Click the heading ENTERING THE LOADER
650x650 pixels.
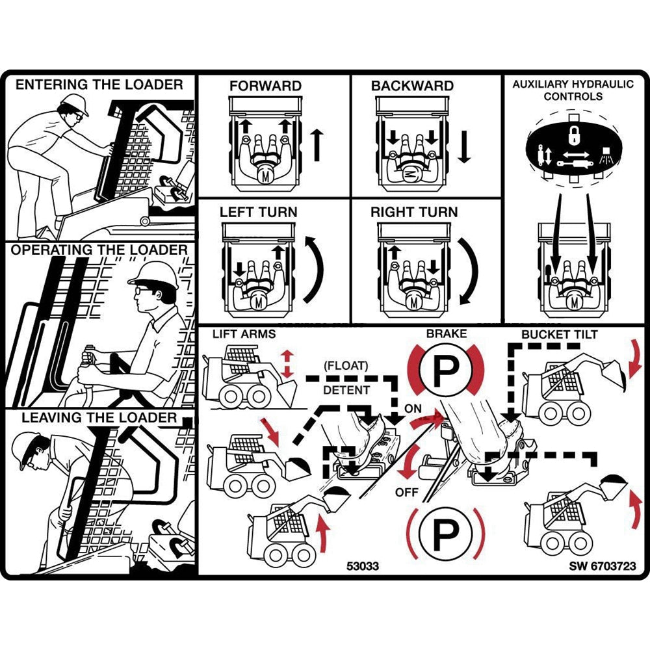click(99, 84)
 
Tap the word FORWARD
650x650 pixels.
click(265, 86)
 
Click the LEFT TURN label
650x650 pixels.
click(258, 212)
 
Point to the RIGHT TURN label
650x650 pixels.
click(414, 212)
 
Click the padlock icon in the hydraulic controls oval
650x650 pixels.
click(574, 135)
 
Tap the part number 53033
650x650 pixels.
click(363, 566)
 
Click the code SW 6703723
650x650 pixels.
click(603, 566)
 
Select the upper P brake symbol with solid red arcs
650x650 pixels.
click(446, 372)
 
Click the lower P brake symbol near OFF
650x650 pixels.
click(446, 534)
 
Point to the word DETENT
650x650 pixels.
click(346, 390)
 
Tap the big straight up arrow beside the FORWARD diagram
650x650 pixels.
click(317, 144)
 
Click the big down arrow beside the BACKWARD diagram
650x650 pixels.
click(464, 146)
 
